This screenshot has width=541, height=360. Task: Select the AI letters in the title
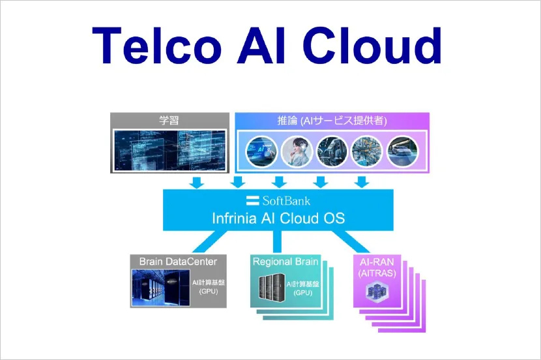pos(269,47)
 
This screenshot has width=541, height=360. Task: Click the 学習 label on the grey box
pos(169,120)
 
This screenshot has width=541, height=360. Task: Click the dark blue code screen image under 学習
pos(169,151)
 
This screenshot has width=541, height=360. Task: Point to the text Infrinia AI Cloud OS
pos(278,218)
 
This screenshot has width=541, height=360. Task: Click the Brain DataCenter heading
pos(177,262)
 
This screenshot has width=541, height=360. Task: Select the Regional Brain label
pos(285,262)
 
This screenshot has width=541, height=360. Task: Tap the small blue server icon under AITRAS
pos(377,292)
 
